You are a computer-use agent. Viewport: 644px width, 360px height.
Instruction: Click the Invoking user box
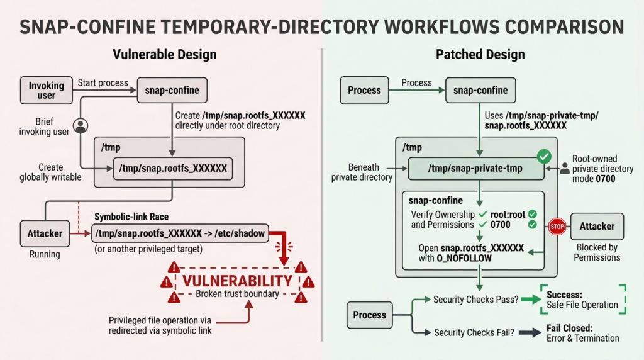click(47, 90)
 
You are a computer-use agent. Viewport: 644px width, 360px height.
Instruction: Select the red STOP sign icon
click(557, 227)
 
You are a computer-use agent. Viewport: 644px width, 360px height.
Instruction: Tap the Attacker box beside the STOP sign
click(597, 227)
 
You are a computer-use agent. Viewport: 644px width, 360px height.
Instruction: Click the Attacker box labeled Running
click(45, 233)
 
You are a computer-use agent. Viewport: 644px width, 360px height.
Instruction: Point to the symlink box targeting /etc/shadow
click(180, 233)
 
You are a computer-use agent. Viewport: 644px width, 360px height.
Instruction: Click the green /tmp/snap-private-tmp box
click(475, 169)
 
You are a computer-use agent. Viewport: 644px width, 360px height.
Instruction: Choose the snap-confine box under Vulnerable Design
click(172, 90)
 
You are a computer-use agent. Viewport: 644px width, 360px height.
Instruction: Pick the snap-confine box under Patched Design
click(480, 90)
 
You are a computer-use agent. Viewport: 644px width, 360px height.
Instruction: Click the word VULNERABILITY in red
click(237, 281)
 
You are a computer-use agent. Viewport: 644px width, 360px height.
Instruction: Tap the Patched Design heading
click(480, 54)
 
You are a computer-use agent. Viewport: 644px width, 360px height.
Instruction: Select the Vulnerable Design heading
click(165, 54)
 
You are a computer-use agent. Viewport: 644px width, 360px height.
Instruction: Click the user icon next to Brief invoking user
click(80, 126)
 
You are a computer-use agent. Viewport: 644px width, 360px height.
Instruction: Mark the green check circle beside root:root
click(532, 214)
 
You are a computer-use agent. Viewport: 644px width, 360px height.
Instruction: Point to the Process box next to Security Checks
click(370, 315)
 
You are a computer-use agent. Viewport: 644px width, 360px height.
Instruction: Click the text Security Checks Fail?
click(474, 332)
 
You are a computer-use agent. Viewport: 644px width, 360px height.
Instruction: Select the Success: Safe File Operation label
click(582, 300)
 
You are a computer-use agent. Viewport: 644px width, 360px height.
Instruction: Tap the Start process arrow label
click(103, 83)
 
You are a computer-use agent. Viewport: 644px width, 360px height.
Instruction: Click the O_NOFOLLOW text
click(464, 258)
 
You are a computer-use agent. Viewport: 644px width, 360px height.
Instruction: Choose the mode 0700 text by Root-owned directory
click(594, 179)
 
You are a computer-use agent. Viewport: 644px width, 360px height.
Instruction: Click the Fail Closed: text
click(570, 328)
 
